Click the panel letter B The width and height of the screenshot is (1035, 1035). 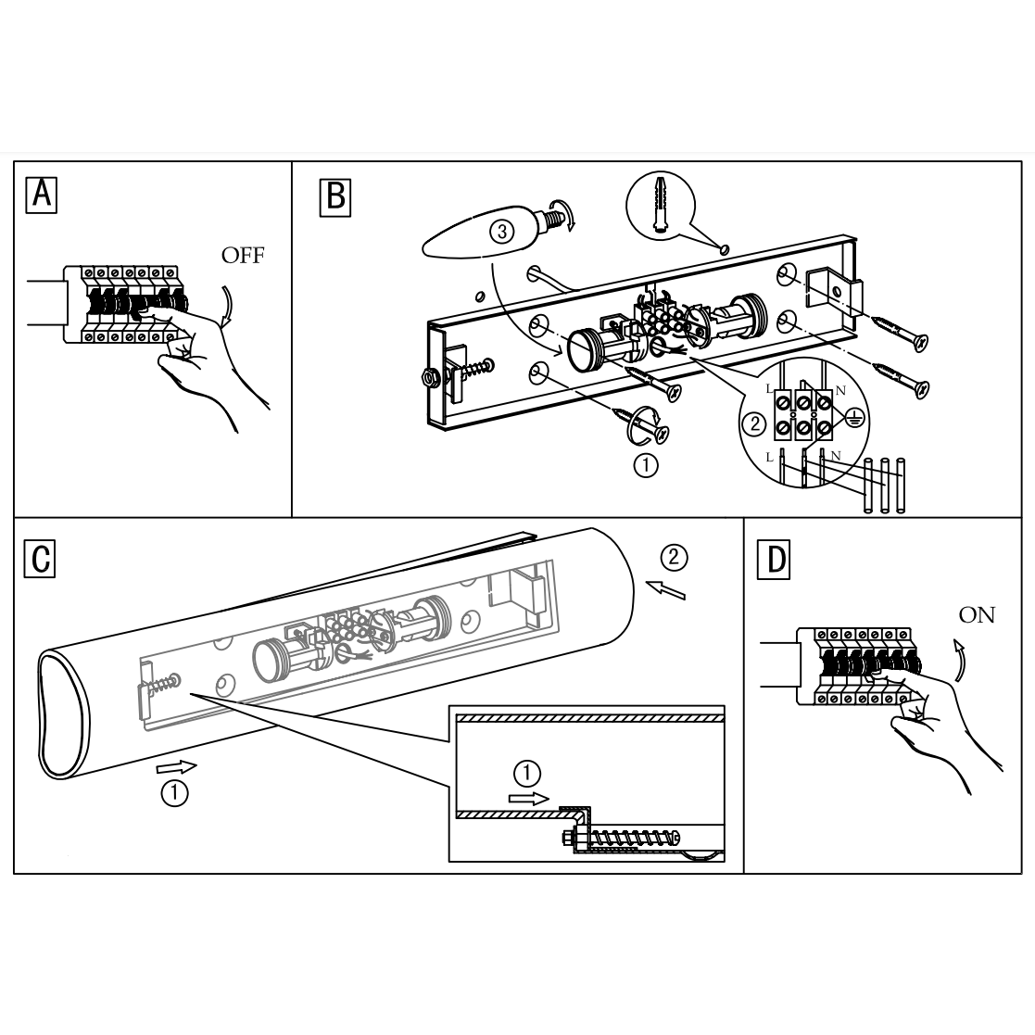[x=335, y=196]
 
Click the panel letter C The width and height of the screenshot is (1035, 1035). [x=41, y=559]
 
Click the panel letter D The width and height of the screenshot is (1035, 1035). [x=775, y=560]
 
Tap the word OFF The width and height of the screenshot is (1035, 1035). [x=243, y=256]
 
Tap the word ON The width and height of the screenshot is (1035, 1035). [x=977, y=615]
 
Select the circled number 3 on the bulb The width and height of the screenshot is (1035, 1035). [x=501, y=232]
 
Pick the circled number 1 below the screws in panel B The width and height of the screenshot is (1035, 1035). [x=646, y=465]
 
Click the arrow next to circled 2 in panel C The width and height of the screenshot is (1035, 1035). [x=667, y=589]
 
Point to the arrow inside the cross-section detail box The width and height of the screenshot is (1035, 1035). [x=530, y=797]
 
